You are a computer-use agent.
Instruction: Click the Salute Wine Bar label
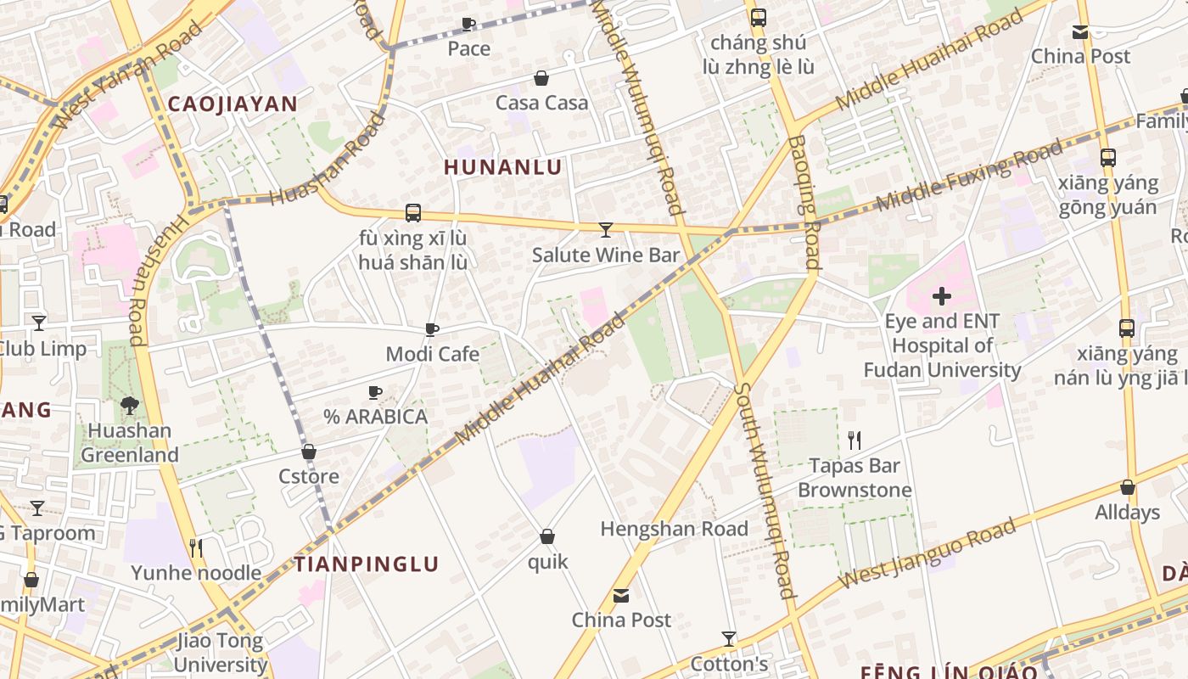[x=606, y=255]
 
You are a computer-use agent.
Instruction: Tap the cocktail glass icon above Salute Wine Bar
[x=606, y=230]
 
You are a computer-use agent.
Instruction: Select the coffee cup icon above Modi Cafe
[x=432, y=329]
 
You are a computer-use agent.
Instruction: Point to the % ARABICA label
[x=375, y=417]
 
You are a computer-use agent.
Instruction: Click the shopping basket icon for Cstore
[x=309, y=452]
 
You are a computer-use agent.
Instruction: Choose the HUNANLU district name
[x=503, y=167]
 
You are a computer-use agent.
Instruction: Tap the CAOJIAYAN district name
[x=233, y=104]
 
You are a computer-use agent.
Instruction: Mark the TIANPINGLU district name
[x=367, y=564]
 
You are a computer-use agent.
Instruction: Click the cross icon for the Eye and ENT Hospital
[x=942, y=296]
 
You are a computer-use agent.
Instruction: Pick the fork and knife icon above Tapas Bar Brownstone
[x=855, y=441]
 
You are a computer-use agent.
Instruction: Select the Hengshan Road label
[x=675, y=529]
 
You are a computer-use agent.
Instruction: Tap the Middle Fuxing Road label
[x=969, y=177]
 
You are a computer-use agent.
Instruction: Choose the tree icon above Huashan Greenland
[x=130, y=406]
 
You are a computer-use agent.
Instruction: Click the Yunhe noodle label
[x=196, y=573]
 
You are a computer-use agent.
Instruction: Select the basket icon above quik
[x=547, y=536]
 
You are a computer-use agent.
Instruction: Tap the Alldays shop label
[x=1127, y=512]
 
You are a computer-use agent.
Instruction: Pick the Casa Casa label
[x=541, y=103]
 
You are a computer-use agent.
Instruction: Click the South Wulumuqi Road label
[x=765, y=491]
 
